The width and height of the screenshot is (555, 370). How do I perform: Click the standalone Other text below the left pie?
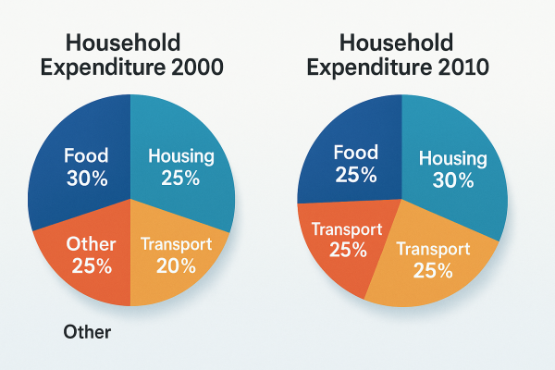(88, 331)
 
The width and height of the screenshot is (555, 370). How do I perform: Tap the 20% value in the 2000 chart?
(176, 266)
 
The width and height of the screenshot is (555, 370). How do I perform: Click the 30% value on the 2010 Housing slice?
(451, 181)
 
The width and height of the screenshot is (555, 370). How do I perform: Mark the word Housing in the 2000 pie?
(179, 156)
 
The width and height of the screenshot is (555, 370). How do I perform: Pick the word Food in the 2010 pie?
(356, 152)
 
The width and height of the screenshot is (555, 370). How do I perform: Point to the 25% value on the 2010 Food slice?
(356, 174)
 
